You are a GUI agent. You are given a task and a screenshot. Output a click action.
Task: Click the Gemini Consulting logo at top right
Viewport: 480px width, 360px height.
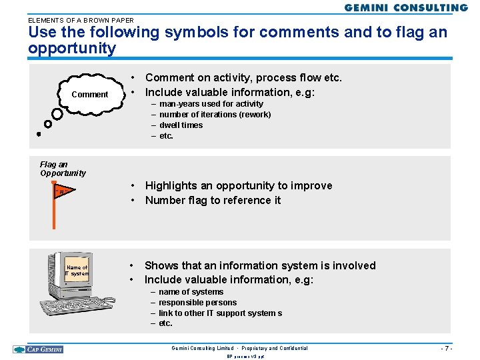coord(406,8)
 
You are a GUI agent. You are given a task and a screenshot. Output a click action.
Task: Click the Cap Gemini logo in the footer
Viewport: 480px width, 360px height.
coord(38,349)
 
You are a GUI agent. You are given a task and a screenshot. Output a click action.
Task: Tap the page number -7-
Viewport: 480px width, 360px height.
coord(446,348)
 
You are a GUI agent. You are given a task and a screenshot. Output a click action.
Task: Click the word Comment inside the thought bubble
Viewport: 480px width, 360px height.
coord(89,95)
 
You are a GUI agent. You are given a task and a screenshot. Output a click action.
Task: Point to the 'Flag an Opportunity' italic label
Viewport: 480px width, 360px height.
coord(63,169)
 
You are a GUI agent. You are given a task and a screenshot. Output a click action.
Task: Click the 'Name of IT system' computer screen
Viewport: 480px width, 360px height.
coord(77,271)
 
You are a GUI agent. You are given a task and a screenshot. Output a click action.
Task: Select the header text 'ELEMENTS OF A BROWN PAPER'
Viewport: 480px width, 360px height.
coord(81,20)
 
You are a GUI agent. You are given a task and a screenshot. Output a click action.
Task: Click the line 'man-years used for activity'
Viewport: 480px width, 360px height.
coord(211,104)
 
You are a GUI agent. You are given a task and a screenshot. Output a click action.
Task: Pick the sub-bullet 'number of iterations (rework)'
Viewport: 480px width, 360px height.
coord(215,115)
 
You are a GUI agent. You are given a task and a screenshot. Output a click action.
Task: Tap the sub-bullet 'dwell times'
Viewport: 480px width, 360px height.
coord(181,125)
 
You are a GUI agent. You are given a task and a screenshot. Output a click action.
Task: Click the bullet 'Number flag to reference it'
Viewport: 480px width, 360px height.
coord(213,200)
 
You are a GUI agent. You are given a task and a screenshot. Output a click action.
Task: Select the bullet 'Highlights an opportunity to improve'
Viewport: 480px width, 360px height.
coord(238,185)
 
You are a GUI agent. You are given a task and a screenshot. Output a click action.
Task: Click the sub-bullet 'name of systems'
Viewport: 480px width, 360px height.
coord(191,292)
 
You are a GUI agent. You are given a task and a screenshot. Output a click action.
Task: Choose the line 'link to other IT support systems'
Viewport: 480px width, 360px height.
coord(220,313)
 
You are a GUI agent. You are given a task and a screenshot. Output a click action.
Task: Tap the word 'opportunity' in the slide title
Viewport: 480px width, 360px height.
coord(72,49)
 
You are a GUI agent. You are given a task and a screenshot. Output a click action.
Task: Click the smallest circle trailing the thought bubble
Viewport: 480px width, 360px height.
coord(39,134)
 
